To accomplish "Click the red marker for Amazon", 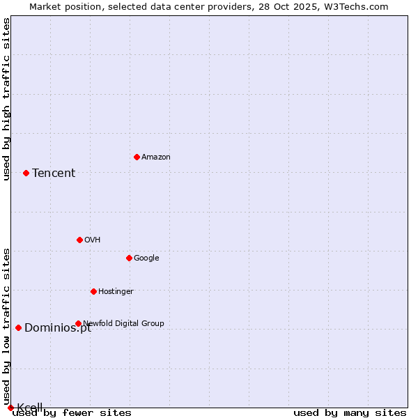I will pyautogui.click(x=137, y=157).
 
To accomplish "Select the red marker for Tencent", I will pyautogui.click(x=26, y=173).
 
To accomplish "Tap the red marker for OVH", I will pyautogui.click(x=79, y=240).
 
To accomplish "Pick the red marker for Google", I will pyautogui.click(x=129, y=258).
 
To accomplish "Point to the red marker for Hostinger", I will pyautogui.click(x=93, y=291).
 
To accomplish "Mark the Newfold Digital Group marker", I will pyautogui.click(x=78, y=323).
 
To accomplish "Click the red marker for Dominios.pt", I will pyautogui.click(x=18, y=327).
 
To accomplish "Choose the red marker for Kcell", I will pyautogui.click(x=10, y=408).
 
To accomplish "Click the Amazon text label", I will pyautogui.click(x=156, y=157).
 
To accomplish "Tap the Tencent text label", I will pyautogui.click(x=54, y=173).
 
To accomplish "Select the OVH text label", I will pyautogui.click(x=93, y=240).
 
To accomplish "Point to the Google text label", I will pyautogui.click(x=146, y=258).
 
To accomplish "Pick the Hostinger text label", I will pyautogui.click(x=116, y=292).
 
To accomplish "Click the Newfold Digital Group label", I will pyautogui.click(x=124, y=323).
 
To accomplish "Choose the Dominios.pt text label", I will pyautogui.click(x=58, y=328).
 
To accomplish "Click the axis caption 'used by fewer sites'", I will pyautogui.click(x=72, y=412).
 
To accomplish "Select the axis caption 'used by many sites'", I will pyautogui.click(x=350, y=412).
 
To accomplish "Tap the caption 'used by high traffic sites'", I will pyautogui.click(x=7, y=99).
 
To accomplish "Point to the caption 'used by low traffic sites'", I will pyautogui.click(x=7, y=326).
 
